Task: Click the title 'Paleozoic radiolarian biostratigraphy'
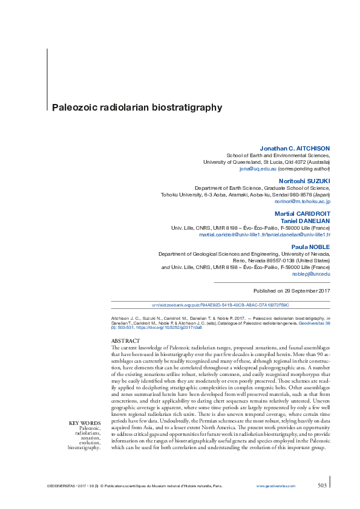[x=137, y=108]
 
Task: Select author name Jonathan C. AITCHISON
[x=295, y=148]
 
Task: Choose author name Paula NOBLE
[x=311, y=247]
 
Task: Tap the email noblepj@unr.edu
[x=314, y=274]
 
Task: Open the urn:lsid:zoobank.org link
[x=220, y=305]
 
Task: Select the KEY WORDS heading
[x=85, y=423]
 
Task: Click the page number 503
[x=323, y=485]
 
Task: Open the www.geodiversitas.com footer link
[x=276, y=486]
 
